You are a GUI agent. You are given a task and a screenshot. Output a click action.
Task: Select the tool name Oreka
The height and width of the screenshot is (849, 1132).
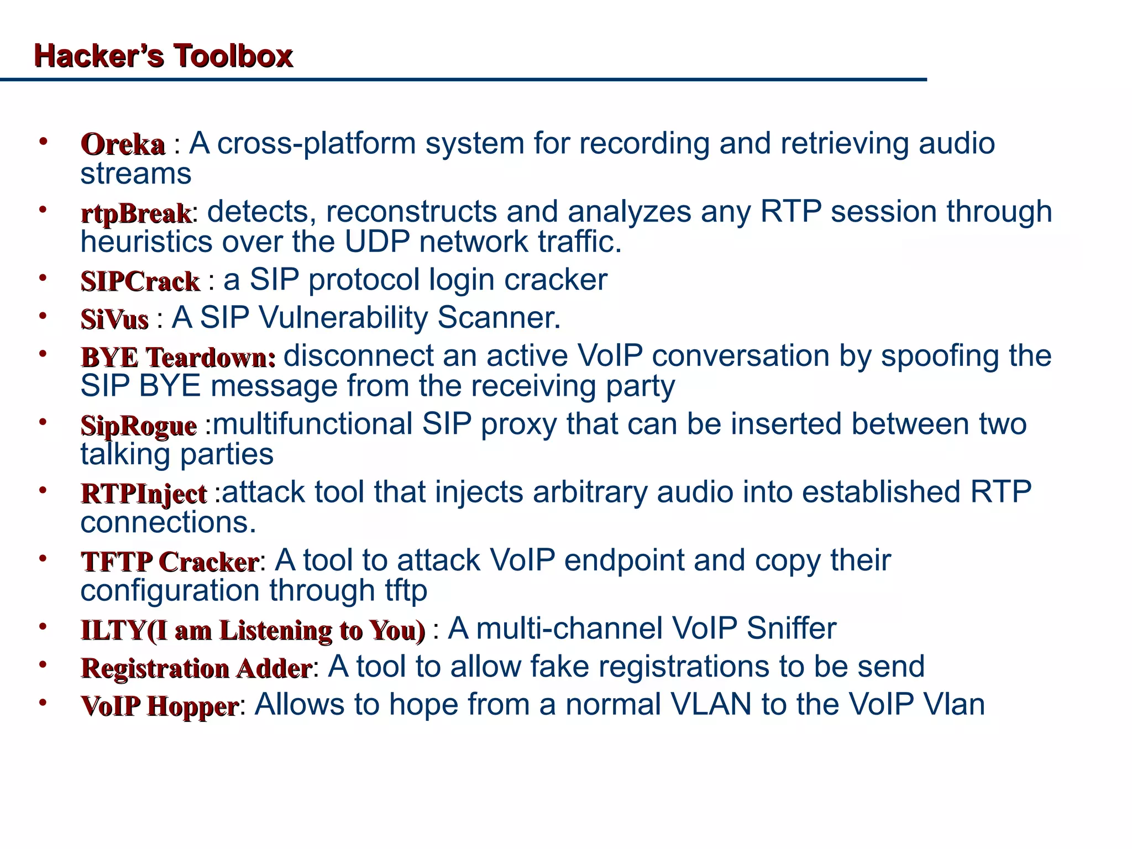point(123,145)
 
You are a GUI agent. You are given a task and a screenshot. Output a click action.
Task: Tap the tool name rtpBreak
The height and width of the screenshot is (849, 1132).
point(136,214)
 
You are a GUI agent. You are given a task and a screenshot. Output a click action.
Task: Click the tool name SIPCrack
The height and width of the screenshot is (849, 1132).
point(140,281)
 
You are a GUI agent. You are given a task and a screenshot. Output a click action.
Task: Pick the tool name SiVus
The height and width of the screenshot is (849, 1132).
point(114,319)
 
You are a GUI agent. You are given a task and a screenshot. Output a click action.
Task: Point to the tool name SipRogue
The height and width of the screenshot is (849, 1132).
point(138,426)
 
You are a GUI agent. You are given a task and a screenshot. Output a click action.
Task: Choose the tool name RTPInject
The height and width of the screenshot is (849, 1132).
point(144,494)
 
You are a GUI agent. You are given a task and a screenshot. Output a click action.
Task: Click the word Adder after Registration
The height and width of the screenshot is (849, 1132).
point(274,668)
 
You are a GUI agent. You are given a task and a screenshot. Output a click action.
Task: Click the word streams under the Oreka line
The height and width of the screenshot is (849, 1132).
point(136,174)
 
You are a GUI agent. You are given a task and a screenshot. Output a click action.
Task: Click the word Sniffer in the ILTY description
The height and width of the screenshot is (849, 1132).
point(792,628)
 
